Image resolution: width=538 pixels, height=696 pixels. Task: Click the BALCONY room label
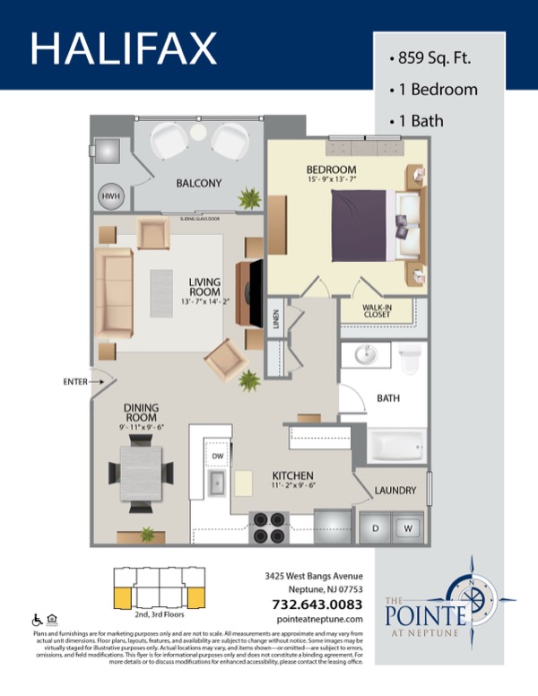tap(198, 183)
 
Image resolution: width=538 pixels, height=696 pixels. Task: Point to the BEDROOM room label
tap(331, 170)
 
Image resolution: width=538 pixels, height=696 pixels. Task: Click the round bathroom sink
tap(366, 355)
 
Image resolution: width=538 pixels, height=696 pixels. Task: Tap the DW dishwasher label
tap(217, 457)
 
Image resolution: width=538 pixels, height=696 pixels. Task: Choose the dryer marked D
tap(375, 528)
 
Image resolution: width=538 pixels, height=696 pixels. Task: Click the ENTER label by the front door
tap(75, 382)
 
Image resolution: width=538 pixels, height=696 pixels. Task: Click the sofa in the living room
tap(115, 290)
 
